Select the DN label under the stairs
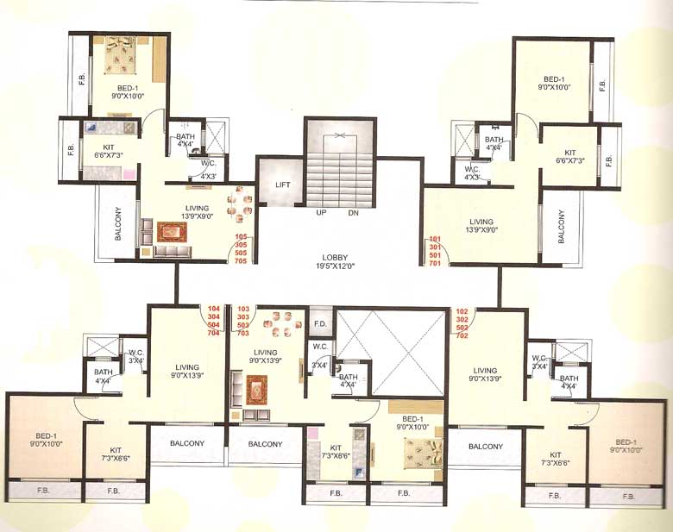353,212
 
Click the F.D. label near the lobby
319,325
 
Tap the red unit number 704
215,332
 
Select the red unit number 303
242,316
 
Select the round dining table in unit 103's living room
281,322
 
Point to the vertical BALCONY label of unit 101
561,227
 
